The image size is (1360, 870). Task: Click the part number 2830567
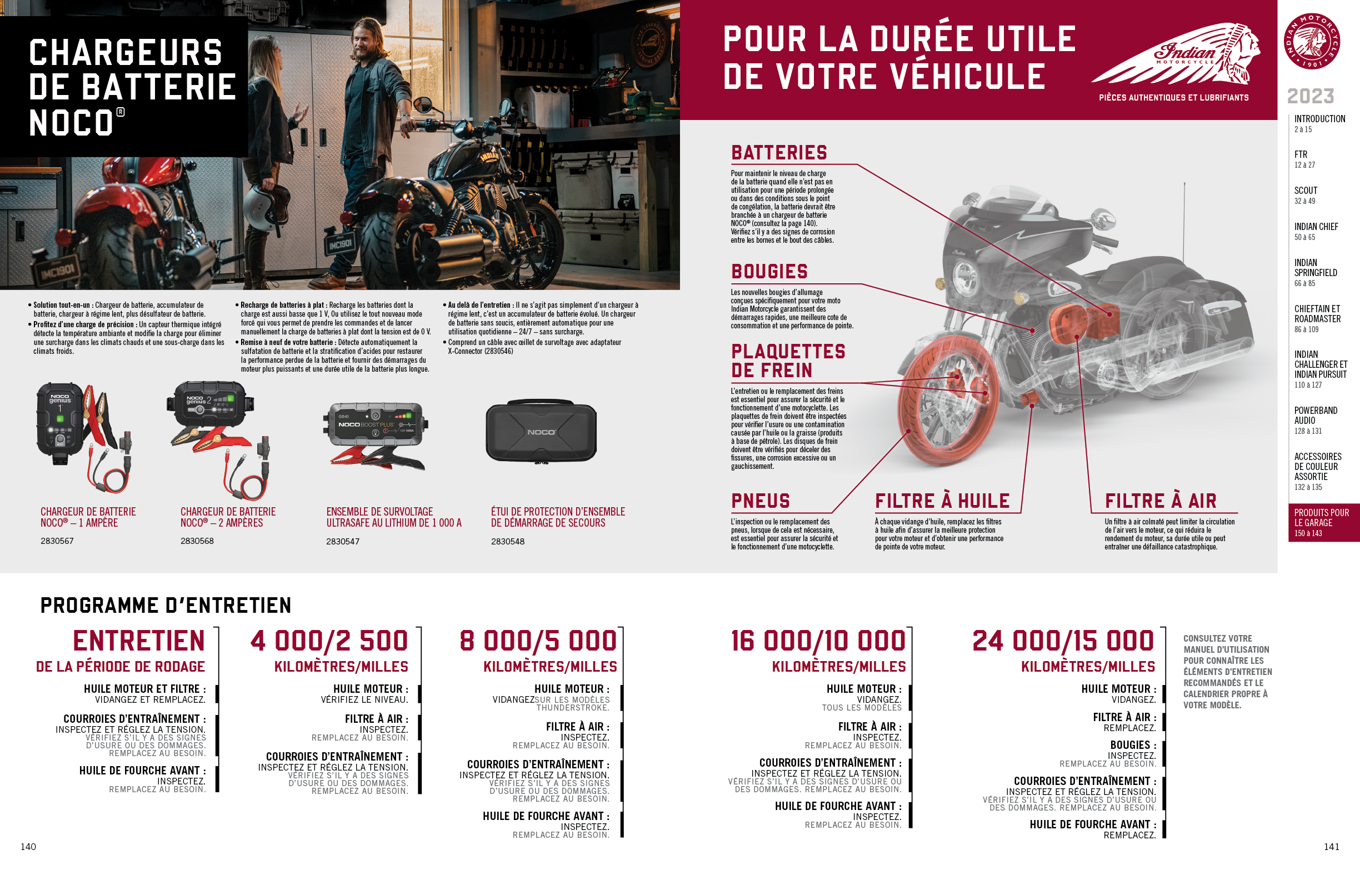click(57, 541)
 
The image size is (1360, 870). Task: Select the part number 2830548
click(508, 541)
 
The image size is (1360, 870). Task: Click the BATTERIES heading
click(779, 153)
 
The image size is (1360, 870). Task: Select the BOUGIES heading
click(769, 272)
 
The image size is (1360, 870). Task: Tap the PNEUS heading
click(760, 501)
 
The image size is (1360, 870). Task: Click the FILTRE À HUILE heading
click(942, 501)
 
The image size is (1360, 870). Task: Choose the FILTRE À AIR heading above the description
click(1161, 501)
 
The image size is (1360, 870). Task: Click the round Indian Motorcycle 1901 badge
click(1312, 42)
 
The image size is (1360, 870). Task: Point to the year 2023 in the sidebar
click(1311, 96)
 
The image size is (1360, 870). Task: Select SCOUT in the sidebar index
click(1305, 191)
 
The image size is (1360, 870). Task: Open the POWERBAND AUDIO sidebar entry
click(1316, 415)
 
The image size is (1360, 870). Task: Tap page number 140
click(28, 846)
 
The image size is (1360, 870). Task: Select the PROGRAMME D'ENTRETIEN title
click(166, 606)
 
